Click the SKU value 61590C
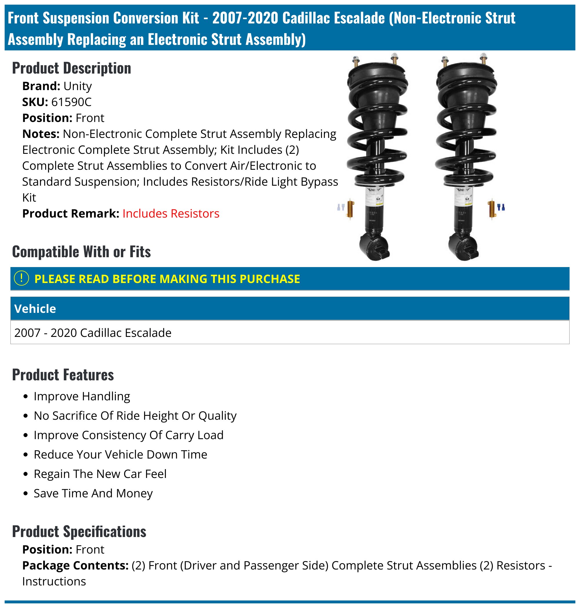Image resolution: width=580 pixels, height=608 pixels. [71, 102]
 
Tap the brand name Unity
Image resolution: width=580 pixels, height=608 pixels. [77, 86]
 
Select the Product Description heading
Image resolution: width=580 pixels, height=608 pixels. [71, 68]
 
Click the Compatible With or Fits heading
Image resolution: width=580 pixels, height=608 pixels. [81, 252]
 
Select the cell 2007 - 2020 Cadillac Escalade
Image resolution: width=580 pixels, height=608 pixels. [93, 333]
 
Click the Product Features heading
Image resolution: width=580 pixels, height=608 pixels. [63, 375]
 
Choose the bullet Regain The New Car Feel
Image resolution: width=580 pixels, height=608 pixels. [100, 474]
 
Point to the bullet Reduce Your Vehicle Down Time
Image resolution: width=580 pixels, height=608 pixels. [120, 454]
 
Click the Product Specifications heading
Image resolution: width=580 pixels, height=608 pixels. [79, 532]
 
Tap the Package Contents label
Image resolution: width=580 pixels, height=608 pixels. [75, 566]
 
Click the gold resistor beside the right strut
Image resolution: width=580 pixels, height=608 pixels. [491, 209]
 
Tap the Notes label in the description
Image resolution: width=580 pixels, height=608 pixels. [41, 134]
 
